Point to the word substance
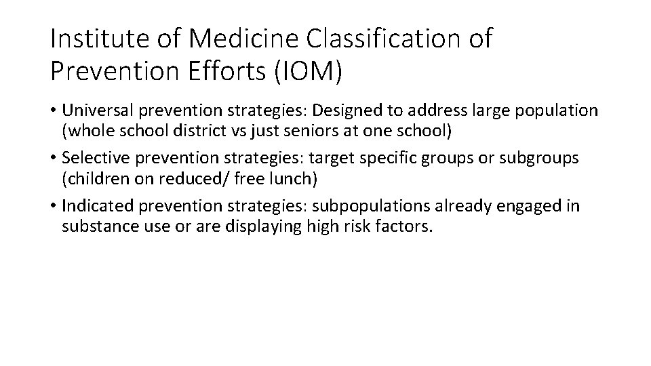[x=95, y=225]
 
